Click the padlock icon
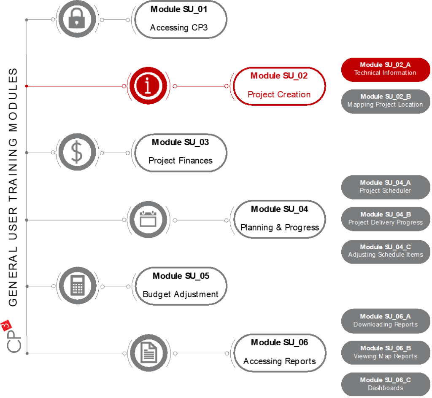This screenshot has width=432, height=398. (x=77, y=20)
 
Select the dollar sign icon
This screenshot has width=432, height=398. (x=77, y=152)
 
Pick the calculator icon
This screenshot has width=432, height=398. (x=77, y=286)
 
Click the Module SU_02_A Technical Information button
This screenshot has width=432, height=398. (x=385, y=69)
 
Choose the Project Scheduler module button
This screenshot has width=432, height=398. (x=385, y=187)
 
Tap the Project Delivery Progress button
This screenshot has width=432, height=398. (x=385, y=218)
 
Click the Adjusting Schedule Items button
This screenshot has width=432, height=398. (x=385, y=251)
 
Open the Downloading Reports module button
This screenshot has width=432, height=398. (x=385, y=320)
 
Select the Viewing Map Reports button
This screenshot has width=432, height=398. (x=385, y=352)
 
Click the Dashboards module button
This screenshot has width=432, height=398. (x=385, y=384)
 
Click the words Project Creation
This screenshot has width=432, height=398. (x=279, y=95)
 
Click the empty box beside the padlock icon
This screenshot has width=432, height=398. (x=181, y=20)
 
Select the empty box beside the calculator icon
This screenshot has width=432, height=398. (x=181, y=286)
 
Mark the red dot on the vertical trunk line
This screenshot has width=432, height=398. (x=27, y=86)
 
